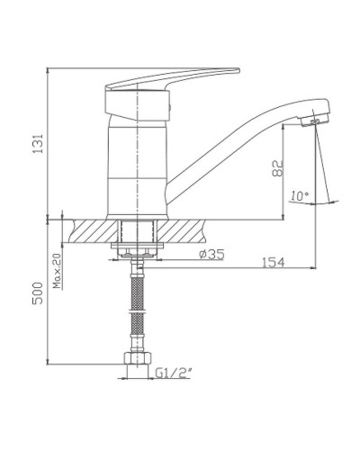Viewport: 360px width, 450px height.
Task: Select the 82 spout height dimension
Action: (x=278, y=166)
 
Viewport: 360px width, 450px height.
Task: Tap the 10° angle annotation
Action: (x=298, y=195)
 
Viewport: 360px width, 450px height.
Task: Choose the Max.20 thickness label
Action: (x=56, y=269)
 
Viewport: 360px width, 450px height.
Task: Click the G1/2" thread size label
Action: (x=173, y=371)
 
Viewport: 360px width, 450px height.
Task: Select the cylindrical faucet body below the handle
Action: (x=137, y=166)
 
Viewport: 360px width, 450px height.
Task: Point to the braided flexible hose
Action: (x=137, y=306)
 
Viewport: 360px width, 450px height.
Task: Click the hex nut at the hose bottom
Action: (x=137, y=361)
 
